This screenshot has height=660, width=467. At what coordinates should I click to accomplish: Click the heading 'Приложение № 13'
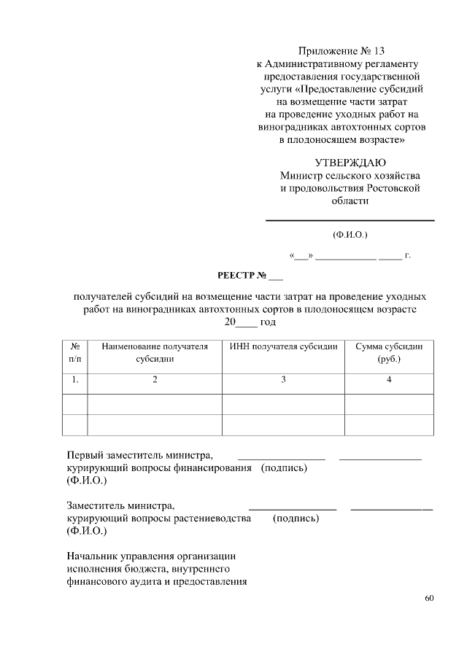tap(341, 51)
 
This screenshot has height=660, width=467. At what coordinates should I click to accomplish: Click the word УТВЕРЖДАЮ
tap(350, 163)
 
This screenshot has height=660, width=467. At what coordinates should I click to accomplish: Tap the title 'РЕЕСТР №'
tap(250, 276)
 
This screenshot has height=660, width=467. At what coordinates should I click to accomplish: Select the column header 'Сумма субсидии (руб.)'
tap(389, 353)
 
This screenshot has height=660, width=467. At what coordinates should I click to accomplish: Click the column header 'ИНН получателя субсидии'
tap(283, 347)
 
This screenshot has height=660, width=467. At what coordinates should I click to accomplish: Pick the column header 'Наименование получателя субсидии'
tap(155, 353)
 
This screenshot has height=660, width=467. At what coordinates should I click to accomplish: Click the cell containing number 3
tap(283, 379)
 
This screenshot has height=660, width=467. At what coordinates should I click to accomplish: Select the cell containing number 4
tap(389, 379)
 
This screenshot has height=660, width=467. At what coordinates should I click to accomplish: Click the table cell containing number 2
tap(155, 379)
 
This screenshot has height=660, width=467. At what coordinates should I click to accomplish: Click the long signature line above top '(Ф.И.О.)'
tap(350, 220)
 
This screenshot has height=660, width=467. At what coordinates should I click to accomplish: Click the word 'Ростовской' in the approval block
tap(393, 189)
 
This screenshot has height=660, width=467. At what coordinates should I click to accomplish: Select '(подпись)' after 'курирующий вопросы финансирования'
tap(284, 468)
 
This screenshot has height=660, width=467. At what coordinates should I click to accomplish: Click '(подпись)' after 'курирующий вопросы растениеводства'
tap(296, 519)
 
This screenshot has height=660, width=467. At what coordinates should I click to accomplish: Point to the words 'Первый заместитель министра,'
tap(140, 455)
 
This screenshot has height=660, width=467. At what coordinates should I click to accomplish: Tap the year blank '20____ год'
tap(250, 322)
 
